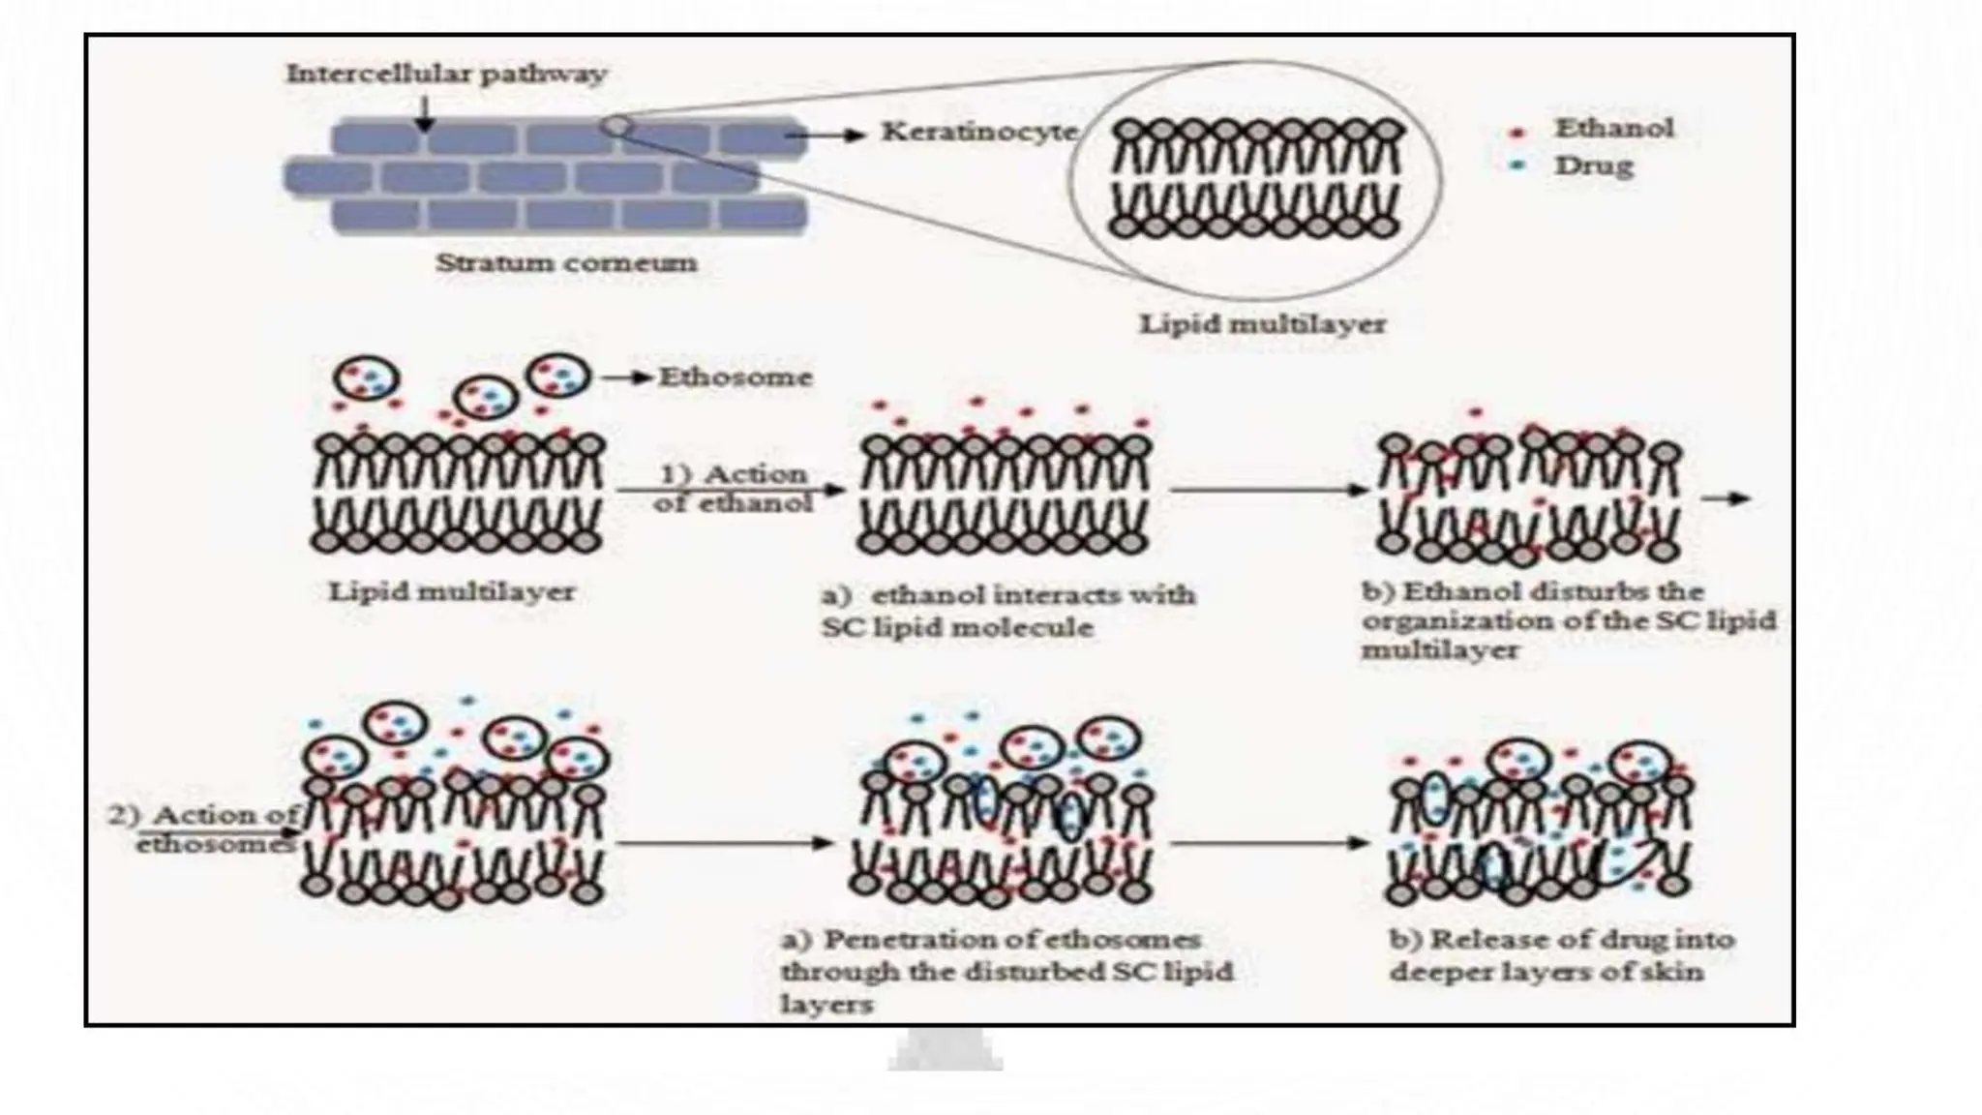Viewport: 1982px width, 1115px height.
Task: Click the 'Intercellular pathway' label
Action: point(446,75)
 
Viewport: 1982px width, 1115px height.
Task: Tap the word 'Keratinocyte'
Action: point(978,133)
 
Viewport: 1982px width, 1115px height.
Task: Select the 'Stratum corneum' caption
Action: point(566,263)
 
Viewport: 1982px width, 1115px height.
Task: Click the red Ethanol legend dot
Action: point(1517,132)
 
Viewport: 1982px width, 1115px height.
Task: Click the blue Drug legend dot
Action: point(1517,166)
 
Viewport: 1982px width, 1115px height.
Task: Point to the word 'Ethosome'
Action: point(735,377)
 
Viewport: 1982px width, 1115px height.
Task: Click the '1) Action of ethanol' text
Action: point(734,488)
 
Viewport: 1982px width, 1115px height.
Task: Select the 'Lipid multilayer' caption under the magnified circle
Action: point(1262,324)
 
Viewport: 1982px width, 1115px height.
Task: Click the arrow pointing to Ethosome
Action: point(626,377)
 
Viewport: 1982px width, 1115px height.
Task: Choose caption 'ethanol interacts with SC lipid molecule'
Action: point(1007,611)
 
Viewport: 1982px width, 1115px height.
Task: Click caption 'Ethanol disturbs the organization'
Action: point(1568,619)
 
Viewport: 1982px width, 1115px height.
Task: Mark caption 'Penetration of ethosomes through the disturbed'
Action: point(1006,971)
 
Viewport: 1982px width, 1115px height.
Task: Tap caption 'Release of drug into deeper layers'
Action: point(1561,955)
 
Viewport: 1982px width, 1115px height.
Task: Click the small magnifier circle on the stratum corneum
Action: point(616,125)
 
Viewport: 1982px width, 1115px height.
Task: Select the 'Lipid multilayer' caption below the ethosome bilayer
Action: point(452,591)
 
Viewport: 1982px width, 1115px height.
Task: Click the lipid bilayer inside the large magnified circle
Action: point(1255,179)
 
